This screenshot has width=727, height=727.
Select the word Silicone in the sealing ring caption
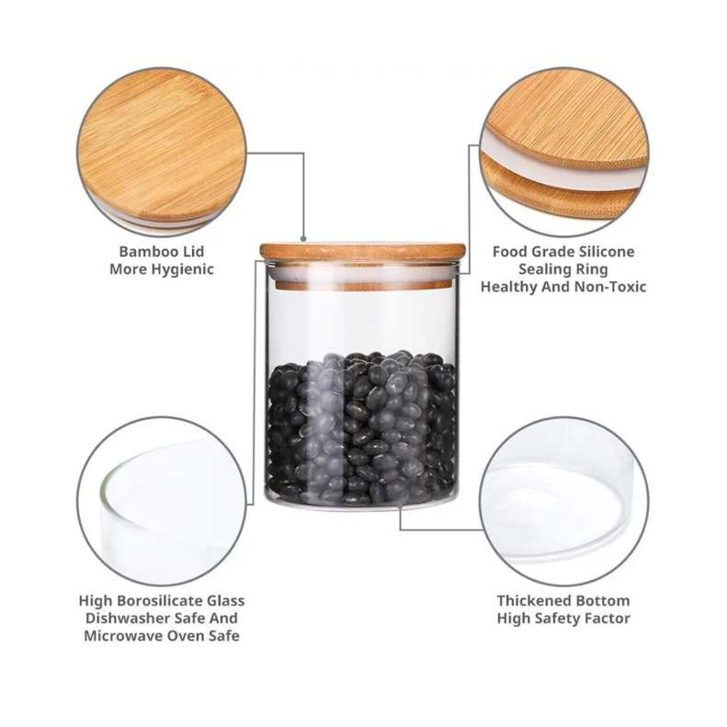605,251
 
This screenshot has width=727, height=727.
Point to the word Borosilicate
158,601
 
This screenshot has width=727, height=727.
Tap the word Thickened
530,601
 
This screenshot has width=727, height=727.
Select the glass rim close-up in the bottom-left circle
162,501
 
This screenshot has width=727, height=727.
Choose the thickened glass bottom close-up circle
563,501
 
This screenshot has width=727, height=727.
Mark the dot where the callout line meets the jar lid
303,239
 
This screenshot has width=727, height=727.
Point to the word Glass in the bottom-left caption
226,601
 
